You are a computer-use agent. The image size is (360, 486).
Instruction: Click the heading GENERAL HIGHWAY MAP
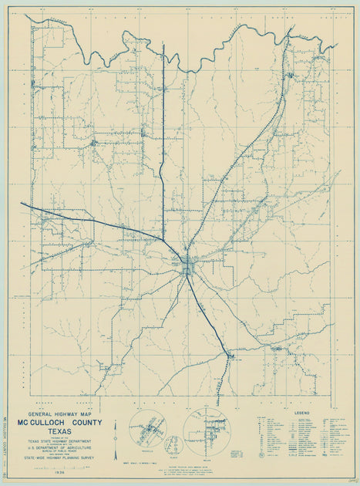(x=65, y=414)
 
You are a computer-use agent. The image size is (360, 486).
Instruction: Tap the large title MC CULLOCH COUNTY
(x=65, y=422)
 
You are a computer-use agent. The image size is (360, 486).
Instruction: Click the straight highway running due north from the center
(x=163, y=139)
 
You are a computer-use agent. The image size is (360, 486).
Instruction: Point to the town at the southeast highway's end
(x=229, y=356)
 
